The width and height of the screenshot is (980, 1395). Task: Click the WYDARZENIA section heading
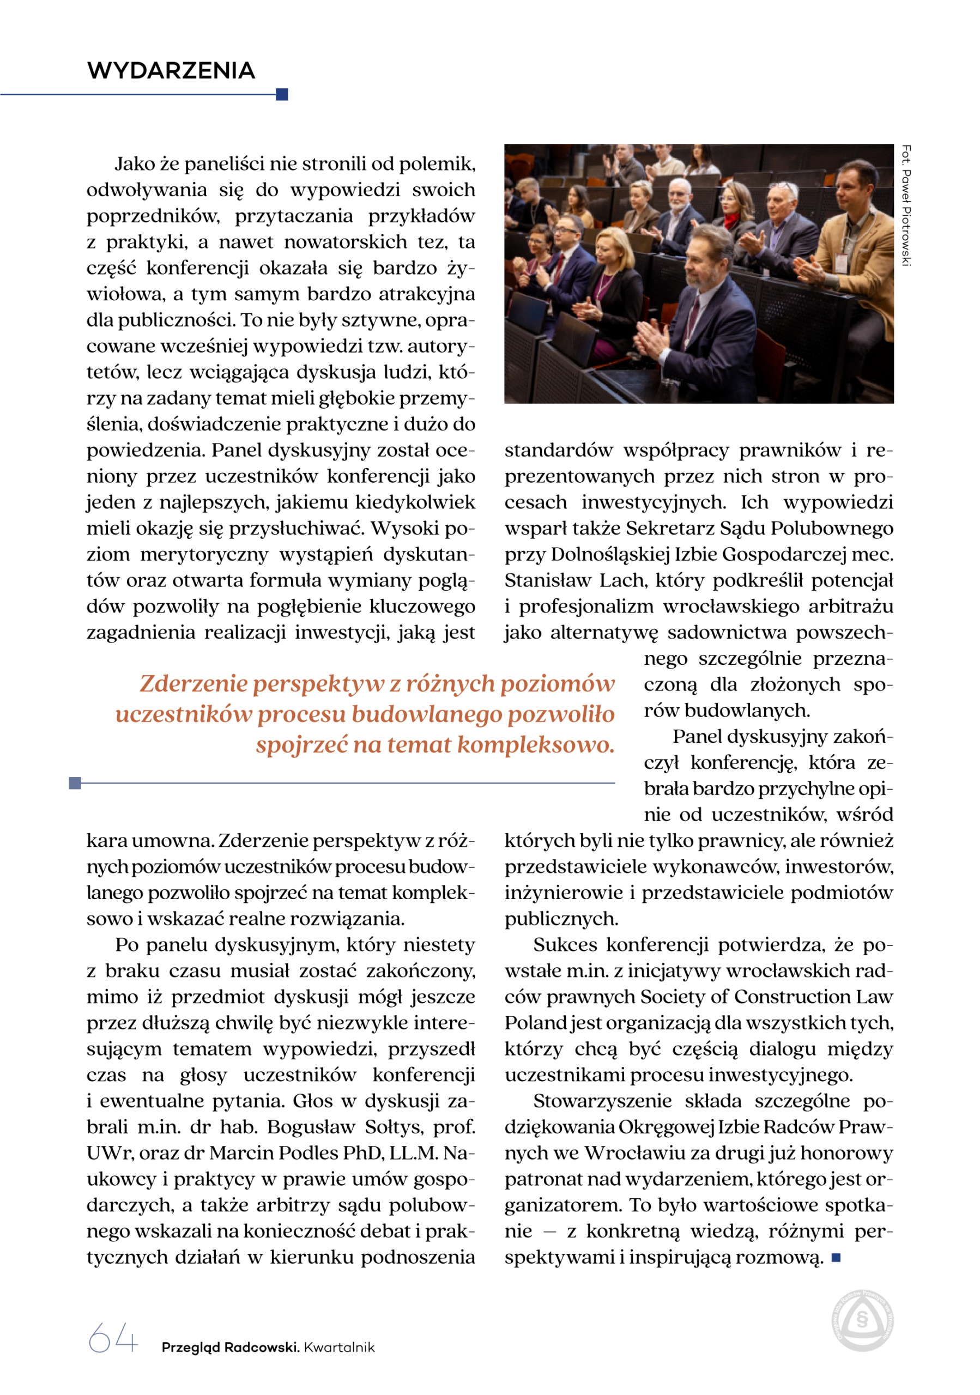point(171,70)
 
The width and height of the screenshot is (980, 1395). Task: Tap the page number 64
point(113,1338)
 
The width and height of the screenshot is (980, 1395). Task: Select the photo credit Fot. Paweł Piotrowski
point(906,205)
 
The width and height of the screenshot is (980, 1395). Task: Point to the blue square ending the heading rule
point(282,94)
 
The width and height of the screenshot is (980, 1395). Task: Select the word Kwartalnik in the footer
point(340,1347)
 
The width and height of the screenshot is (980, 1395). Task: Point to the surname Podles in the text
point(308,1153)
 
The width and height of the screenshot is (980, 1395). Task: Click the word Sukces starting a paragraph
point(565,945)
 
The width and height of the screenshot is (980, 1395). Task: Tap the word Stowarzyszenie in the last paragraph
point(602,1101)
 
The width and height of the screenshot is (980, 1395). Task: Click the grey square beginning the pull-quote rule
point(75,783)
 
